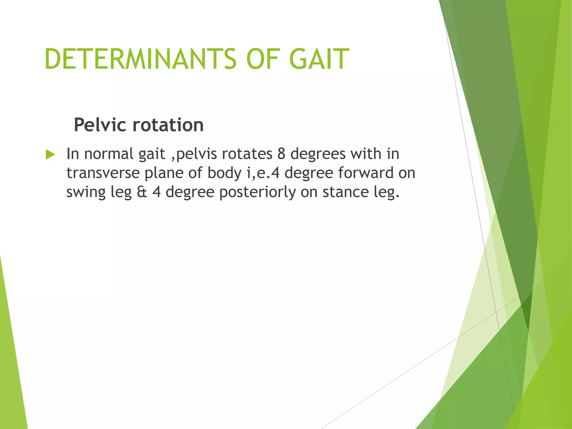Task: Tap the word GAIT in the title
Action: click(x=319, y=59)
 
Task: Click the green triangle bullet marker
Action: click(x=50, y=154)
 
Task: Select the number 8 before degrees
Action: click(x=281, y=154)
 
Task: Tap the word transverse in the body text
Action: click(x=103, y=173)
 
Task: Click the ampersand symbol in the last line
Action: click(x=142, y=192)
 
